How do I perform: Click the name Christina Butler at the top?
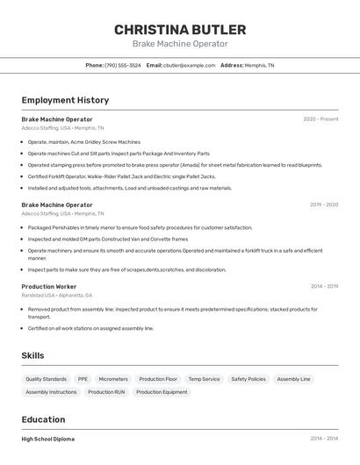pos(179,29)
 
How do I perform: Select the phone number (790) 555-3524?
pos(122,65)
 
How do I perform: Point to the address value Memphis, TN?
pos(259,65)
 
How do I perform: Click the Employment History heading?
pos(65,100)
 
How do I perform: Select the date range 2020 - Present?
pos(320,118)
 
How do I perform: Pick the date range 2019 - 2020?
pos(323,204)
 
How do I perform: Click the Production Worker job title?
pos(48,286)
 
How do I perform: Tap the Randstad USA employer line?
pos(57,295)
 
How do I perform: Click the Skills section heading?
pos(32,355)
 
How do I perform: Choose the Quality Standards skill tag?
pos(46,379)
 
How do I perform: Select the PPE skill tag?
pos(83,379)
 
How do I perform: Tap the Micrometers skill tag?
pos(113,379)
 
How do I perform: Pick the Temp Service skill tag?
pos(204,379)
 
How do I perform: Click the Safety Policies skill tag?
pos(248,379)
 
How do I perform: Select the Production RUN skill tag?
pos(106,392)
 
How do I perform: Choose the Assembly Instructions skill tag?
pos(51,392)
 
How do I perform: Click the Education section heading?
pos(43,419)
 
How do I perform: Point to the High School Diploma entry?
pos(47,439)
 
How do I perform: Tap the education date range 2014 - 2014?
pos(323,438)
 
